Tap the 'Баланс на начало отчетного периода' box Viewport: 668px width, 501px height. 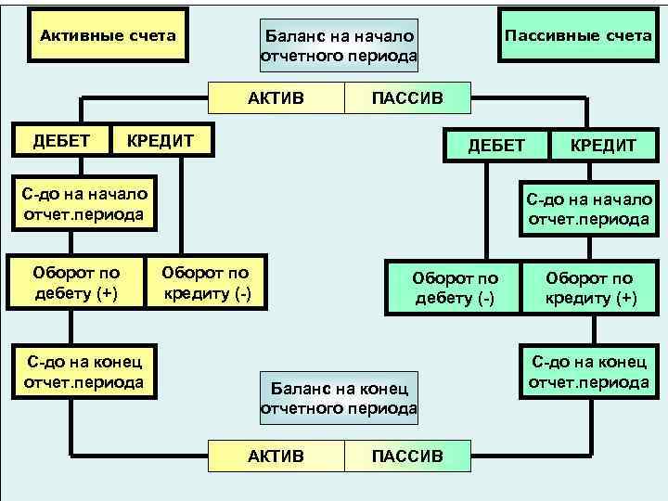(339, 46)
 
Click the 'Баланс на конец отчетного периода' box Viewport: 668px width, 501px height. (339, 398)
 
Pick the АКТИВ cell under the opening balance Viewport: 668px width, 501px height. (276, 97)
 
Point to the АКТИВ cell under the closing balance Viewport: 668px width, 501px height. (276, 455)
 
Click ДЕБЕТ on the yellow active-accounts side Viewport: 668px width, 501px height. (61, 140)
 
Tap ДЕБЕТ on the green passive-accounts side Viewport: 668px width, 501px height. (496, 145)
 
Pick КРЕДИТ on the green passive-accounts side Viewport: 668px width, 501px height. (603, 145)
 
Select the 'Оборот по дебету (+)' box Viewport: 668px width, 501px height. (76, 284)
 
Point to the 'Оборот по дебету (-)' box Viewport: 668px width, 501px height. (455, 288)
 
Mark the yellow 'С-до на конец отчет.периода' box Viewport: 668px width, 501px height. (84, 372)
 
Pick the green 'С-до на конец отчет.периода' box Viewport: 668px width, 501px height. (589, 372)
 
